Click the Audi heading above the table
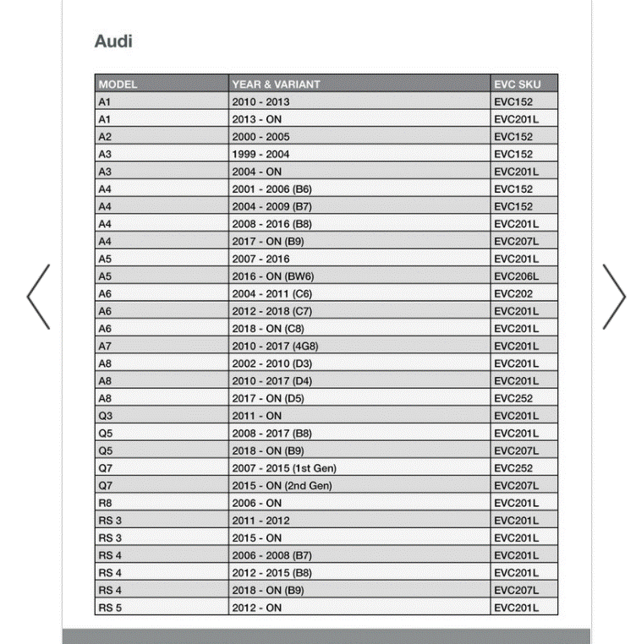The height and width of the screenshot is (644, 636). [113, 41]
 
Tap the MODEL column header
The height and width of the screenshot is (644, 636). [118, 85]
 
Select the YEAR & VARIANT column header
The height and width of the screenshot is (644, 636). [276, 85]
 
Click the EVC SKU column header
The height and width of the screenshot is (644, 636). [516, 85]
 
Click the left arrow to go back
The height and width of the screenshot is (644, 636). [38, 297]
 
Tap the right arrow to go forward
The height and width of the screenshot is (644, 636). [614, 297]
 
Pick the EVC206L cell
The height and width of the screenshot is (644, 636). [516, 276]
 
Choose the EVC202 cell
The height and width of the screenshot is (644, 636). [513, 294]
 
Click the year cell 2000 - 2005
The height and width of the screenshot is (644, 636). [260, 137]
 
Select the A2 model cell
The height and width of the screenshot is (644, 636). [105, 137]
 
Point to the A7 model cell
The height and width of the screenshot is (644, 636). [105, 346]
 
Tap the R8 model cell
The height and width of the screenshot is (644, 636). [105, 503]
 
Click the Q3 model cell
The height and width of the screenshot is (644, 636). [105, 416]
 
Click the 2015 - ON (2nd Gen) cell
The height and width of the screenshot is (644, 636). [282, 486]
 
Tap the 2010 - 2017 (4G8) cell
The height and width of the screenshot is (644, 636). [275, 346]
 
